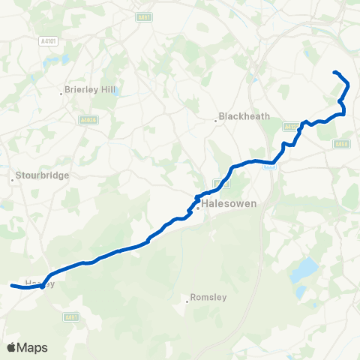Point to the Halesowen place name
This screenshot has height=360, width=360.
point(230,203)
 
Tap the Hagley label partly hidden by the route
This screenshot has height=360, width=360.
point(36,283)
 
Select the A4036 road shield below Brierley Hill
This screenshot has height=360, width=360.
point(88,119)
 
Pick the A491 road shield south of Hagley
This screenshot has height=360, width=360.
point(71,317)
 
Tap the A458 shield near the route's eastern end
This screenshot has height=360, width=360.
point(343,144)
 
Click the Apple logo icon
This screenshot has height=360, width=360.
point(11,347)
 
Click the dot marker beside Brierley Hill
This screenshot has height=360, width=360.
point(61,94)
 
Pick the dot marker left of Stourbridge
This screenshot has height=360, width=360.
point(13,180)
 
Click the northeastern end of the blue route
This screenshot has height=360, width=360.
point(334,72)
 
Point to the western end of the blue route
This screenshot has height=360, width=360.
point(11,286)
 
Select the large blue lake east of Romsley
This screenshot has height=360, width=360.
point(305,268)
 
